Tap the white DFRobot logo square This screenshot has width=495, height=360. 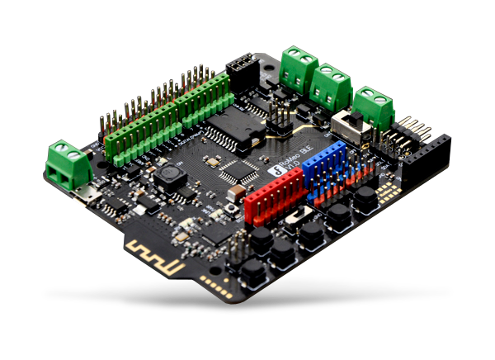pyautogui.click(x=276, y=171)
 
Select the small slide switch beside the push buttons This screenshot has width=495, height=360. pyautogui.click(x=302, y=215)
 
